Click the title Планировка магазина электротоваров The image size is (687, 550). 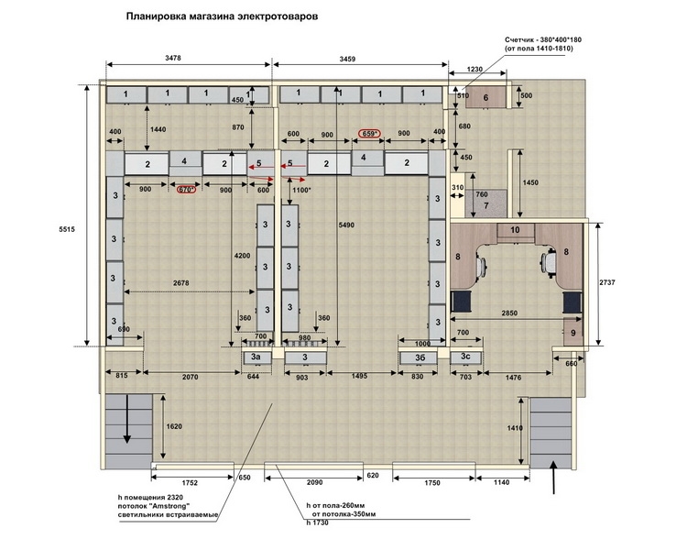click(223, 16)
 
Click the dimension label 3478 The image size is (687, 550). click(173, 58)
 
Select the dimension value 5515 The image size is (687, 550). click(67, 229)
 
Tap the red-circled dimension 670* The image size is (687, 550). click(186, 190)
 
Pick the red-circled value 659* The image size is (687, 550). click(369, 133)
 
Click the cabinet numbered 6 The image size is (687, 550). click(485, 97)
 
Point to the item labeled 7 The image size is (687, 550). click(485, 203)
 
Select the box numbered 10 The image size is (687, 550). click(515, 230)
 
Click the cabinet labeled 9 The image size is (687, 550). click(572, 332)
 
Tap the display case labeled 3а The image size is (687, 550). click(256, 357)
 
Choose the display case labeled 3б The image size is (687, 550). click(420, 357)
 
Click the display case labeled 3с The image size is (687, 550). click(465, 357)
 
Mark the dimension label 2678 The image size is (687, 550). click(180, 283)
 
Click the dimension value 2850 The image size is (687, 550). click(509, 313)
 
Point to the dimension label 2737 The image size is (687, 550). click(606, 282)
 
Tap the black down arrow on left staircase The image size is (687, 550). click(127, 419)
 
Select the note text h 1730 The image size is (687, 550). click(318, 522)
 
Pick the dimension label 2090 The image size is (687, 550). click(314, 482)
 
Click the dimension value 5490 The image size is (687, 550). click(346, 225)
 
